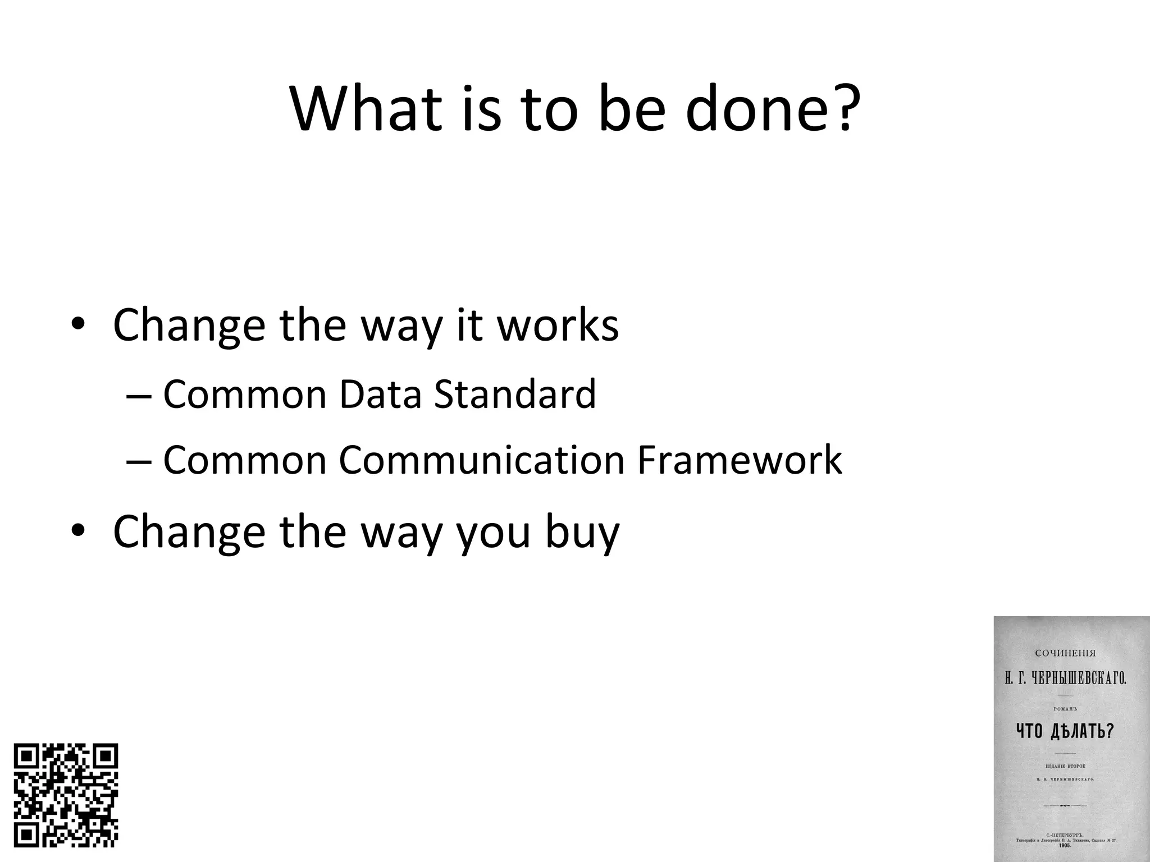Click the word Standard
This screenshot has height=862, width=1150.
(x=515, y=394)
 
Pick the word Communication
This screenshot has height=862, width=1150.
(x=482, y=460)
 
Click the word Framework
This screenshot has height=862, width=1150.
(x=740, y=460)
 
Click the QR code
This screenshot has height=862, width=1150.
(x=66, y=795)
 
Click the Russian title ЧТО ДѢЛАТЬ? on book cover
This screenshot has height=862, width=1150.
(x=1065, y=731)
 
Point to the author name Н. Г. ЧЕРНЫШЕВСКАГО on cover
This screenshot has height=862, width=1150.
(x=1065, y=679)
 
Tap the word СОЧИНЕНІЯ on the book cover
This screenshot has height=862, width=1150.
(x=1065, y=653)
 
